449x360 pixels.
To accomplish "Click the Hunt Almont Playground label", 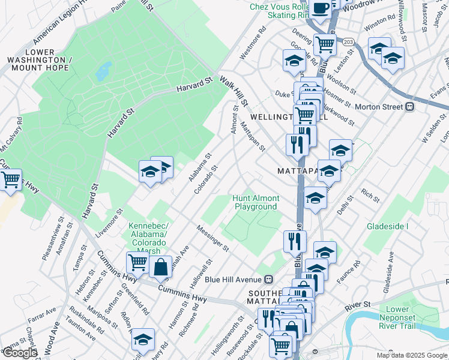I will point(256,202).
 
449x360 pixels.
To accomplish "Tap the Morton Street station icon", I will point(411,107).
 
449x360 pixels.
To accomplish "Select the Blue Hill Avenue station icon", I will point(270,279).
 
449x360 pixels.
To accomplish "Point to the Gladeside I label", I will point(388,226).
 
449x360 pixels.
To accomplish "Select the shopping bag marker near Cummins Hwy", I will point(161,266).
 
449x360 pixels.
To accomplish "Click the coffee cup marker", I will point(321,8).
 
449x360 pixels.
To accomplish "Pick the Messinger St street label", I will point(213,238).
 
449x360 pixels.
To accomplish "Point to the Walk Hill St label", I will point(234,90).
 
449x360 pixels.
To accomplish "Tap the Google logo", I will point(20,353).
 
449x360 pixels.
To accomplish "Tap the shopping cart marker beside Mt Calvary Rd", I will point(10,179).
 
